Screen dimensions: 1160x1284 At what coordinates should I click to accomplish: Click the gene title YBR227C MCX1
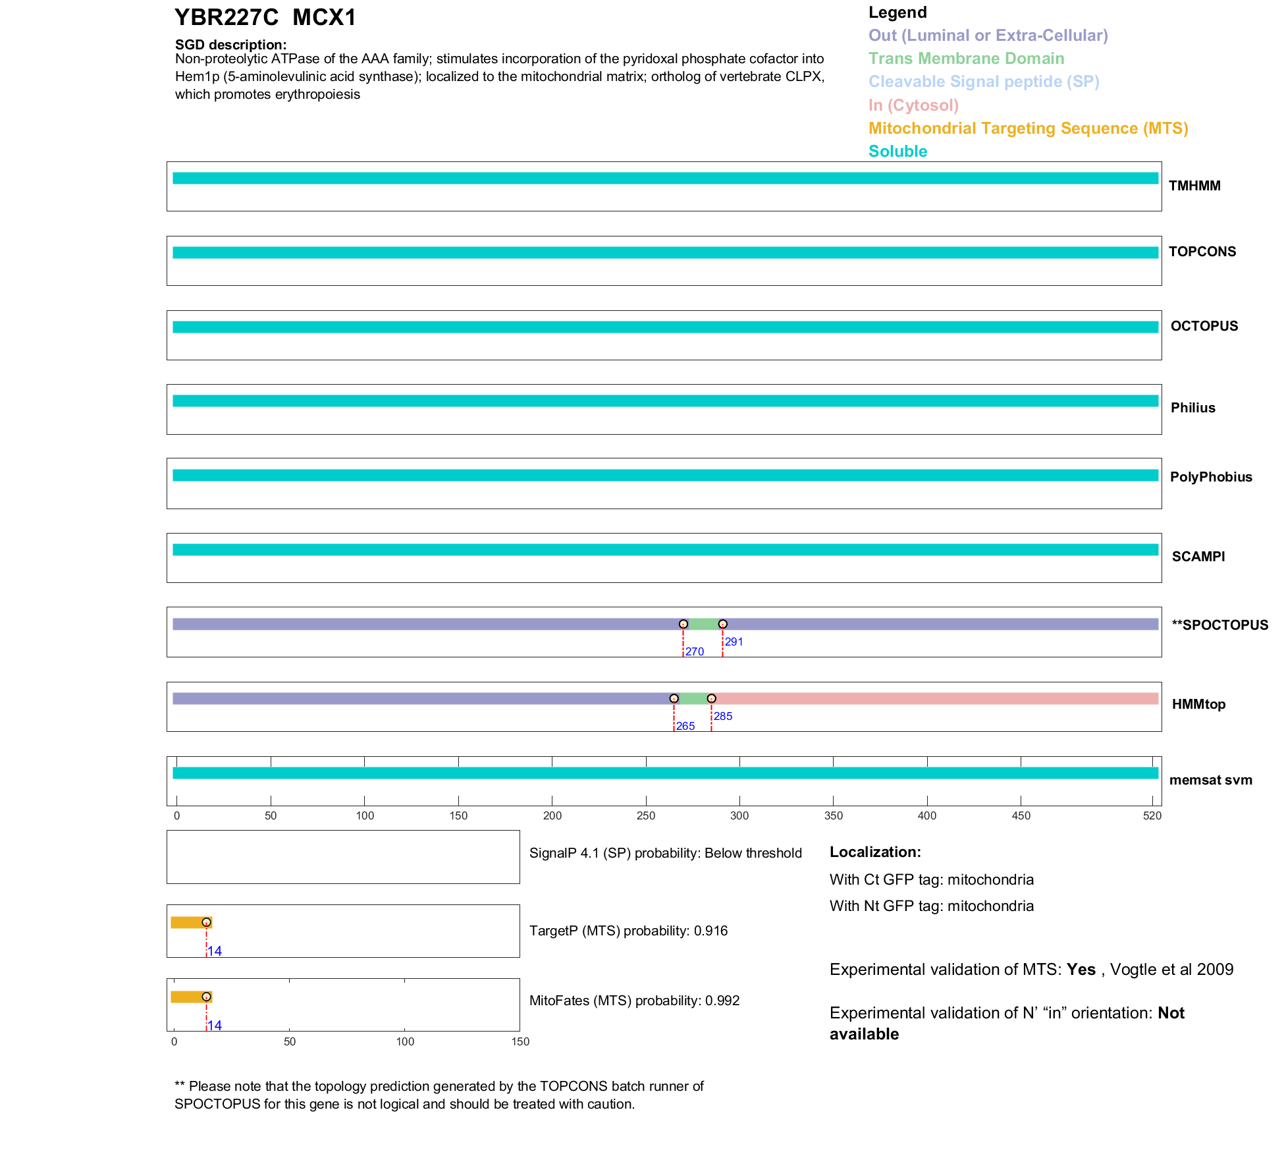[x=265, y=18]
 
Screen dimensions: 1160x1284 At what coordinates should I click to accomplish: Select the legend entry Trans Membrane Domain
[x=966, y=59]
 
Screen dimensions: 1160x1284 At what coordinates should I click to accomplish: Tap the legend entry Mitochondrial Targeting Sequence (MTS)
[x=1028, y=128]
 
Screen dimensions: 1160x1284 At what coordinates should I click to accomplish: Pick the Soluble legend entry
[x=897, y=152]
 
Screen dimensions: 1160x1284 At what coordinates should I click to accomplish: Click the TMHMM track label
[x=1194, y=186]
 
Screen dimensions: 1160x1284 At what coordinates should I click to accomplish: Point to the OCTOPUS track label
[x=1204, y=326]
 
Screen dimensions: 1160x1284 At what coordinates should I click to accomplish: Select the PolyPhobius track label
[x=1210, y=478]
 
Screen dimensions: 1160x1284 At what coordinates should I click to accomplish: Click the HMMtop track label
[x=1198, y=705]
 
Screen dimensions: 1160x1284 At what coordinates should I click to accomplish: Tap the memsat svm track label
[x=1210, y=781]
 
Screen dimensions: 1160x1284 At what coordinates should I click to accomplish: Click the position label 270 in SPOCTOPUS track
[x=695, y=652]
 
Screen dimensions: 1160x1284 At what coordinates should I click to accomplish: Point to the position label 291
[x=734, y=642]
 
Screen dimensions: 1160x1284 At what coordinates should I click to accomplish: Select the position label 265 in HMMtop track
[x=685, y=727]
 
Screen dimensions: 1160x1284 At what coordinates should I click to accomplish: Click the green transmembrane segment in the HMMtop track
[x=692, y=699]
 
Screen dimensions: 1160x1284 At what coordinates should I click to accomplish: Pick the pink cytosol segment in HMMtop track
[x=935, y=699]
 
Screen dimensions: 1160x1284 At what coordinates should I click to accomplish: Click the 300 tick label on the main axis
[x=739, y=816]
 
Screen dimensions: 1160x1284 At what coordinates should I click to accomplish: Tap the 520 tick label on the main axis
[x=1152, y=816]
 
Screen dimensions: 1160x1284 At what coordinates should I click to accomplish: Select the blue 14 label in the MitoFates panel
[x=215, y=1026]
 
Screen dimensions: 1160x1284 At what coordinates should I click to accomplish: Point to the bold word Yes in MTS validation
[x=1081, y=970]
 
